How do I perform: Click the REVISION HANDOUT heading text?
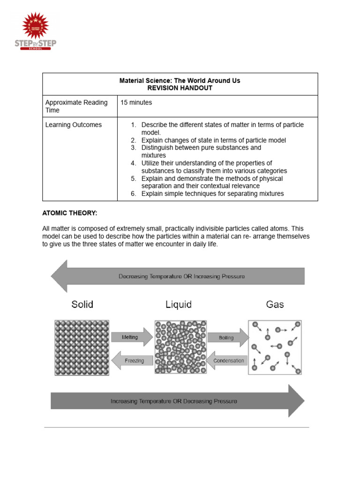click(x=180, y=88)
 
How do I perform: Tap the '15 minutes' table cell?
click(x=136, y=102)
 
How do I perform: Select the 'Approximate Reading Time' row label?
click(x=76, y=106)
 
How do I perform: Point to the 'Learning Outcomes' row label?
click(x=73, y=125)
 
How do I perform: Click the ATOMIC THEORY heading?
click(x=70, y=213)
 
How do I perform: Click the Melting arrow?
click(x=131, y=337)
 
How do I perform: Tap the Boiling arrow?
click(x=227, y=337)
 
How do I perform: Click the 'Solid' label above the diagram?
click(x=82, y=305)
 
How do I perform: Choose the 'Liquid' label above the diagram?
click(x=179, y=305)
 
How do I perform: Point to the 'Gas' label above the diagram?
click(x=275, y=305)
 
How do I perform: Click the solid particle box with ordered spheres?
click(x=82, y=347)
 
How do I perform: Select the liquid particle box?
click(x=180, y=347)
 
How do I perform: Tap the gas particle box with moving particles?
click(x=275, y=347)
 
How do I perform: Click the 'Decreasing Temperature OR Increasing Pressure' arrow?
click(x=178, y=277)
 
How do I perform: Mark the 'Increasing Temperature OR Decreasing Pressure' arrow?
click(x=178, y=401)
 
